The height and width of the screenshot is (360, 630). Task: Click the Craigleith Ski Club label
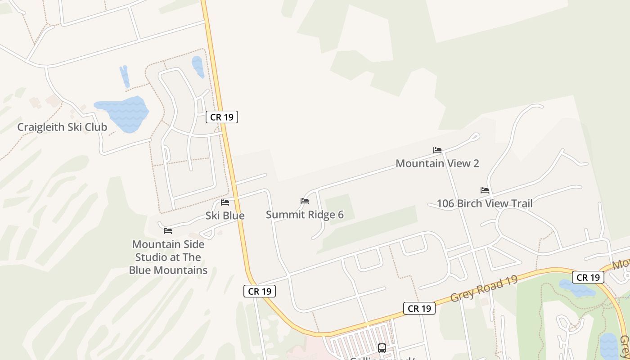(62, 127)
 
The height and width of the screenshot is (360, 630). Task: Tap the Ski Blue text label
(225, 216)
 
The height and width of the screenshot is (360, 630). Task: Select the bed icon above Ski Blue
(225, 202)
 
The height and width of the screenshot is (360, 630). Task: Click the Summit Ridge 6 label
(305, 215)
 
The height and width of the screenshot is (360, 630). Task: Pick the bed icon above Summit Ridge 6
(305, 201)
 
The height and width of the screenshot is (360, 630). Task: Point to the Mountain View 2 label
(437, 163)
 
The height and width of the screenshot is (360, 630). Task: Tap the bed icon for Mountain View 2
(437, 150)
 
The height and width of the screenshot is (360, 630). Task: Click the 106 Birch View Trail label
(485, 203)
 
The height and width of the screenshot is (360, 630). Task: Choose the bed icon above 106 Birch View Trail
(485, 190)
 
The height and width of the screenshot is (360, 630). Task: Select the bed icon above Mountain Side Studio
(168, 231)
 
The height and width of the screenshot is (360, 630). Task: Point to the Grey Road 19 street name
(484, 288)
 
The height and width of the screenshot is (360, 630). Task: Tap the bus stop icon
(382, 348)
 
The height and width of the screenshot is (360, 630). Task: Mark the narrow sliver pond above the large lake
(125, 76)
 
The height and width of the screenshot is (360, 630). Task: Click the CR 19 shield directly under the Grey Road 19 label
(419, 308)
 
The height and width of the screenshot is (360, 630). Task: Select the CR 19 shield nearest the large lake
(222, 117)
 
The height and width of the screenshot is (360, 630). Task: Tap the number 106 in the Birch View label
(445, 203)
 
